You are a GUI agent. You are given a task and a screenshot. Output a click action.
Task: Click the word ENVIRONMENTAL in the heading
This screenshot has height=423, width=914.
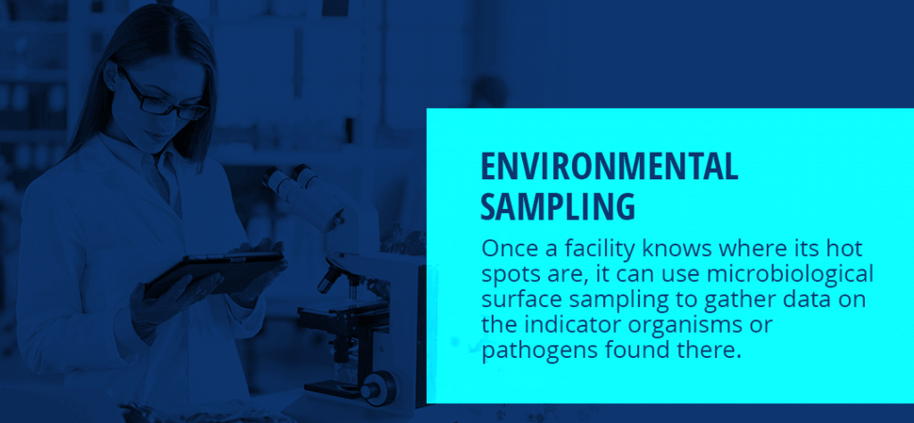click(609, 167)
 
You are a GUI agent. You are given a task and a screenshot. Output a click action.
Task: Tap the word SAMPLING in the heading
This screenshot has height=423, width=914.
click(558, 206)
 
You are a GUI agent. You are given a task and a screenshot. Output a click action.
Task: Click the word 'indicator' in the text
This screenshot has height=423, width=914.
click(561, 326)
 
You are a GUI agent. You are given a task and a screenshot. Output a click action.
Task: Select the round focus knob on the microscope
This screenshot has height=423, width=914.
click(378, 387)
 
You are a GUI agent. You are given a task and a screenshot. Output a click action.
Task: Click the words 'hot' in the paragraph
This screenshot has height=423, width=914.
click(843, 249)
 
